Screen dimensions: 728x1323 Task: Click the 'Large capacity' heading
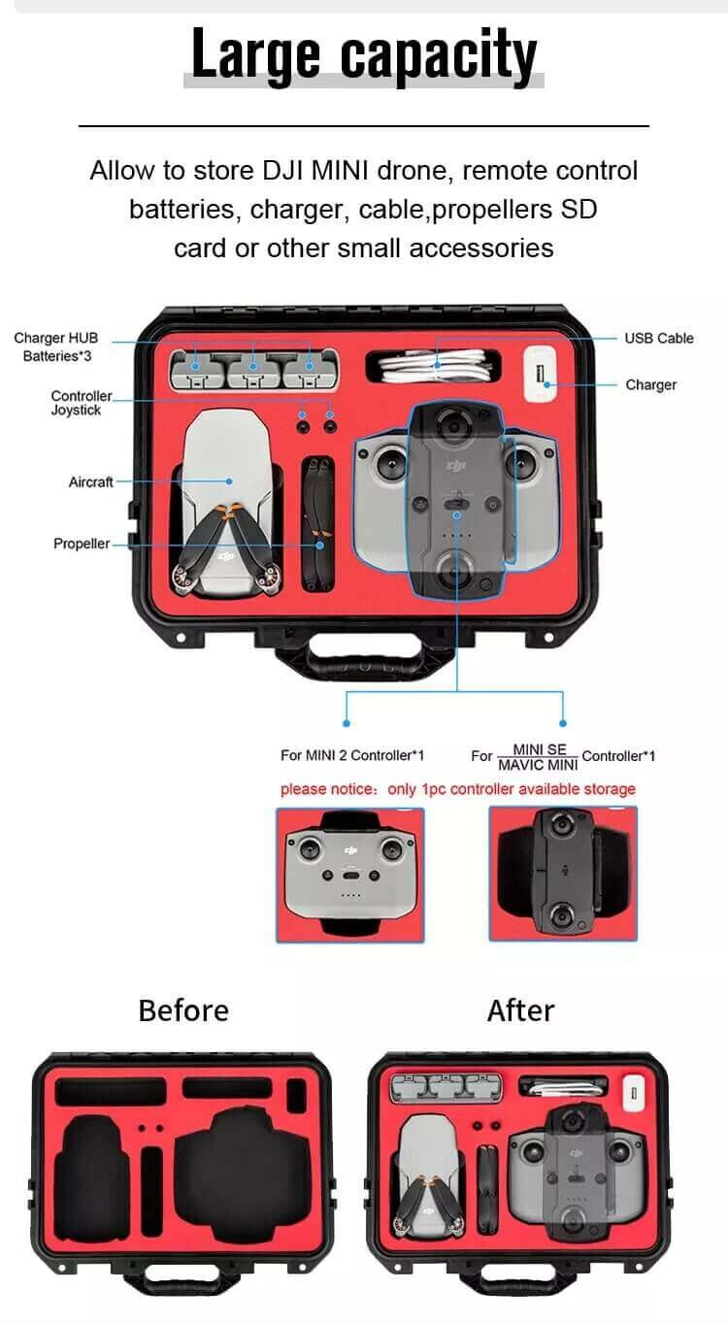pyautogui.click(x=364, y=54)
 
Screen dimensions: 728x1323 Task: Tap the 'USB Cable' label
pyautogui.click(x=659, y=339)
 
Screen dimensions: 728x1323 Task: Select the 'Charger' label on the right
pyautogui.click(x=650, y=385)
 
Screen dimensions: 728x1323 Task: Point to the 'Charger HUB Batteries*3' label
pyautogui.click(x=56, y=347)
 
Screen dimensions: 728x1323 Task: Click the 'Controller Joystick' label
pyautogui.click(x=82, y=403)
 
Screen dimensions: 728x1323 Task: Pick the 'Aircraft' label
pyautogui.click(x=91, y=482)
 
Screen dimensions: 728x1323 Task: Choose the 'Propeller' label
pyautogui.click(x=82, y=544)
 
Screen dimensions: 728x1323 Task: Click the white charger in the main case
pyautogui.click(x=541, y=374)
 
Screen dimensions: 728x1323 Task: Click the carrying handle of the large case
pyautogui.click(x=364, y=655)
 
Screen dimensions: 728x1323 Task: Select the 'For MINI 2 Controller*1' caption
pyautogui.click(x=352, y=755)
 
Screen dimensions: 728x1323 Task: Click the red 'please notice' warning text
pyautogui.click(x=457, y=789)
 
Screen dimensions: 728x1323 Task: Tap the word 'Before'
pyautogui.click(x=183, y=1010)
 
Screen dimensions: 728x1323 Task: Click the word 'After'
pyautogui.click(x=520, y=1010)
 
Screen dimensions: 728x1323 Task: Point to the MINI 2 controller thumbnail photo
pyautogui.click(x=350, y=875)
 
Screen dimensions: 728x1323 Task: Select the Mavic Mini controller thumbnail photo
pyautogui.click(x=563, y=874)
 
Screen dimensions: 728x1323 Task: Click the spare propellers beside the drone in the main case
pyautogui.click(x=318, y=524)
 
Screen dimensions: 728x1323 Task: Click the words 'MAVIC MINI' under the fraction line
pyautogui.click(x=538, y=766)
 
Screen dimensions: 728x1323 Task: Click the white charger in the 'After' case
pyautogui.click(x=634, y=1093)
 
